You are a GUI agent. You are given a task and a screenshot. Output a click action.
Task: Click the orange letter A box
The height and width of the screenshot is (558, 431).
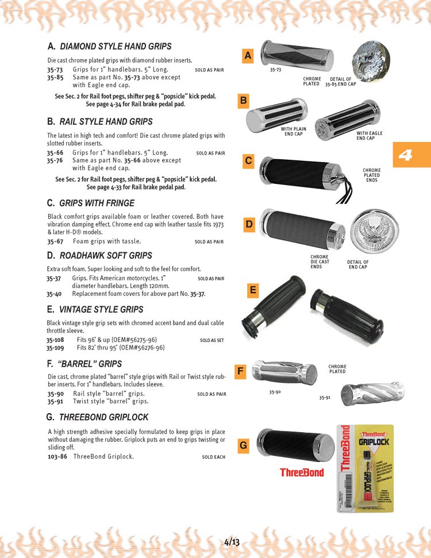(248, 56)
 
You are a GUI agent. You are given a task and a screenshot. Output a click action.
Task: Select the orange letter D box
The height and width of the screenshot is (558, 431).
(249, 225)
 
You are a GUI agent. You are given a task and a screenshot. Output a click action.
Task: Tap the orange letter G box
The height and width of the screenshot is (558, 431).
(244, 445)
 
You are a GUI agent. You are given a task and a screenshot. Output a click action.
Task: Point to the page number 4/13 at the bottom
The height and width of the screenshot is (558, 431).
(232, 541)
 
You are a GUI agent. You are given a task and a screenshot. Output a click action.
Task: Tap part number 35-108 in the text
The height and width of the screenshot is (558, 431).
(56, 340)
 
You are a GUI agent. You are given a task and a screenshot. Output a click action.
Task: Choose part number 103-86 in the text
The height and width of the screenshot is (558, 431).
(57, 457)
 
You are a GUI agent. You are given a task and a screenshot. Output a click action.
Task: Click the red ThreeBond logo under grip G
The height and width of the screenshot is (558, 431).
(302, 473)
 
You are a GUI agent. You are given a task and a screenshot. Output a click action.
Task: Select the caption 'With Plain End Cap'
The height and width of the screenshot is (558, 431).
(293, 132)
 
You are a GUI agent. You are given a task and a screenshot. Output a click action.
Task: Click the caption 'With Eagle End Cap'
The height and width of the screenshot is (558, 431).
(370, 136)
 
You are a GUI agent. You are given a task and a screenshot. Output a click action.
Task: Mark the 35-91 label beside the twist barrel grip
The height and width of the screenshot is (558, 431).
(325, 397)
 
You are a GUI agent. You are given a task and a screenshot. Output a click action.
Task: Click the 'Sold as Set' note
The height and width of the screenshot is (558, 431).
(212, 340)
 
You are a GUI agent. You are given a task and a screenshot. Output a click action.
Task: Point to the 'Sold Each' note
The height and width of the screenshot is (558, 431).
(214, 457)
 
